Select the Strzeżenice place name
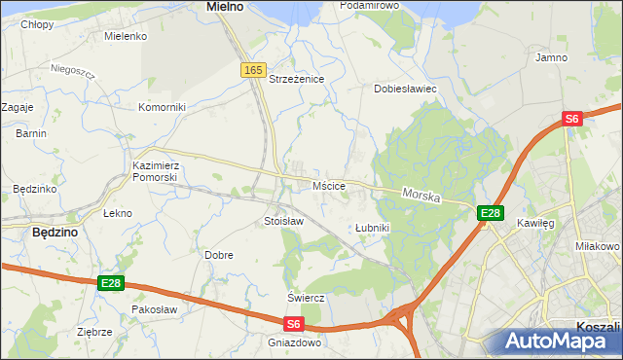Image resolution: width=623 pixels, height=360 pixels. (x=296, y=79)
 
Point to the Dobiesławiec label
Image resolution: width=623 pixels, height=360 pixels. (x=405, y=89)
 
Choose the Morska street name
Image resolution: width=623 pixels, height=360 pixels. (x=421, y=197)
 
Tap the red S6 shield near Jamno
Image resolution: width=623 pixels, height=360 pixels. (x=571, y=119)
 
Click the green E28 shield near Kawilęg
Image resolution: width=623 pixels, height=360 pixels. (x=490, y=213)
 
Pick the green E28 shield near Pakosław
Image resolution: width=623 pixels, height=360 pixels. (x=111, y=283)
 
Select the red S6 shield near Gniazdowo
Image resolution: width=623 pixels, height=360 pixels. (x=295, y=325)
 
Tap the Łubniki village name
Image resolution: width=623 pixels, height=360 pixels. (x=372, y=228)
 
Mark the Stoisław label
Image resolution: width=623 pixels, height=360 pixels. (x=284, y=222)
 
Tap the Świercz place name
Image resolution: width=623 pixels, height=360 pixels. (x=305, y=297)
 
